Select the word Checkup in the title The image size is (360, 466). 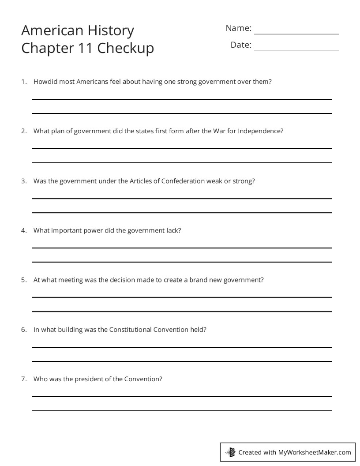pyautogui.click(x=126, y=48)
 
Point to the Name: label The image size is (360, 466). pyautogui.click(x=238, y=28)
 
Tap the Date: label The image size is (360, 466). pyautogui.click(x=241, y=45)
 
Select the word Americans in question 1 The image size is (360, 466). pyautogui.click(x=91, y=82)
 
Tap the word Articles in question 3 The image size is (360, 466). pyautogui.click(x=141, y=181)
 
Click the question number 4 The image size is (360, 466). pyautogui.click(x=24, y=230)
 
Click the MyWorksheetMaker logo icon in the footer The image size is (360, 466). pyautogui.click(x=230, y=452)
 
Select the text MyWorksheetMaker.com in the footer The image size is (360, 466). pyautogui.click(x=315, y=452)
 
